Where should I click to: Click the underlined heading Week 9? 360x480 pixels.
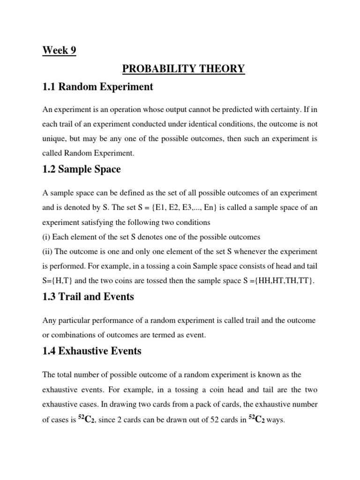[x=60, y=50]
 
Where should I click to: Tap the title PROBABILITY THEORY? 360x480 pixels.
[x=183, y=68]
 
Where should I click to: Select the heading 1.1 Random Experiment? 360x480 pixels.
[x=97, y=87]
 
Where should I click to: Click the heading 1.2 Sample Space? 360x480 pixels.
[x=82, y=169]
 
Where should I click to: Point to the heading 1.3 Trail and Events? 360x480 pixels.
[x=88, y=296]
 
